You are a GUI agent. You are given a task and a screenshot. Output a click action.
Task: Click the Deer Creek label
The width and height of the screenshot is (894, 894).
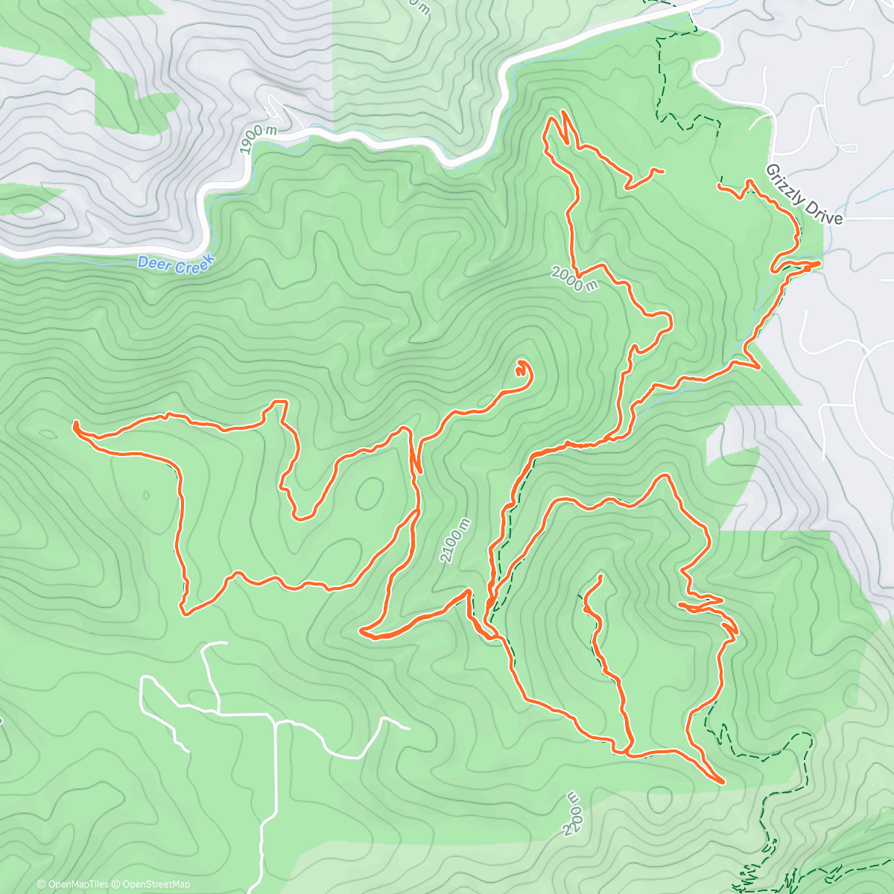176,263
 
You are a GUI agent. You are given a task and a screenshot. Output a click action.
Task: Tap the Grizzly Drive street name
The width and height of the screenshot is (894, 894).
804,194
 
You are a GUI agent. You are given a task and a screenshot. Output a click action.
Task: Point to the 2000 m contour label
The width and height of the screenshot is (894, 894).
574,279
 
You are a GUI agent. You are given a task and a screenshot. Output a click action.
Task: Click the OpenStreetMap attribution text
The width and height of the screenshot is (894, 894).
153,884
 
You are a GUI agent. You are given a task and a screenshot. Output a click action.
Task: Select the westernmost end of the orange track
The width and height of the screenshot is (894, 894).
75,425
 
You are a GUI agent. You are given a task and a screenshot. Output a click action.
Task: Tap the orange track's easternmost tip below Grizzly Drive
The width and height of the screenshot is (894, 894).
819,263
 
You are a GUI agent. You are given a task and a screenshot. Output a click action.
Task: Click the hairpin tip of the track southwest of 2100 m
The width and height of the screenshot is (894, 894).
361,632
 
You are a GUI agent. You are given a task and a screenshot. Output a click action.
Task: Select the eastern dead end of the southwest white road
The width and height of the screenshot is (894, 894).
408,728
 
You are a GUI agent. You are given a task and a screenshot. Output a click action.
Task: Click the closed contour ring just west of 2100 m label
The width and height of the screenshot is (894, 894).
370,492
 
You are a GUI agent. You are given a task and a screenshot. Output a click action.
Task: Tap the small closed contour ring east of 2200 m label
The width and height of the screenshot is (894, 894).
660,800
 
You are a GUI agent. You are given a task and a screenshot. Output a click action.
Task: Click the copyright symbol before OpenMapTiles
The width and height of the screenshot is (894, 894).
41,884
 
